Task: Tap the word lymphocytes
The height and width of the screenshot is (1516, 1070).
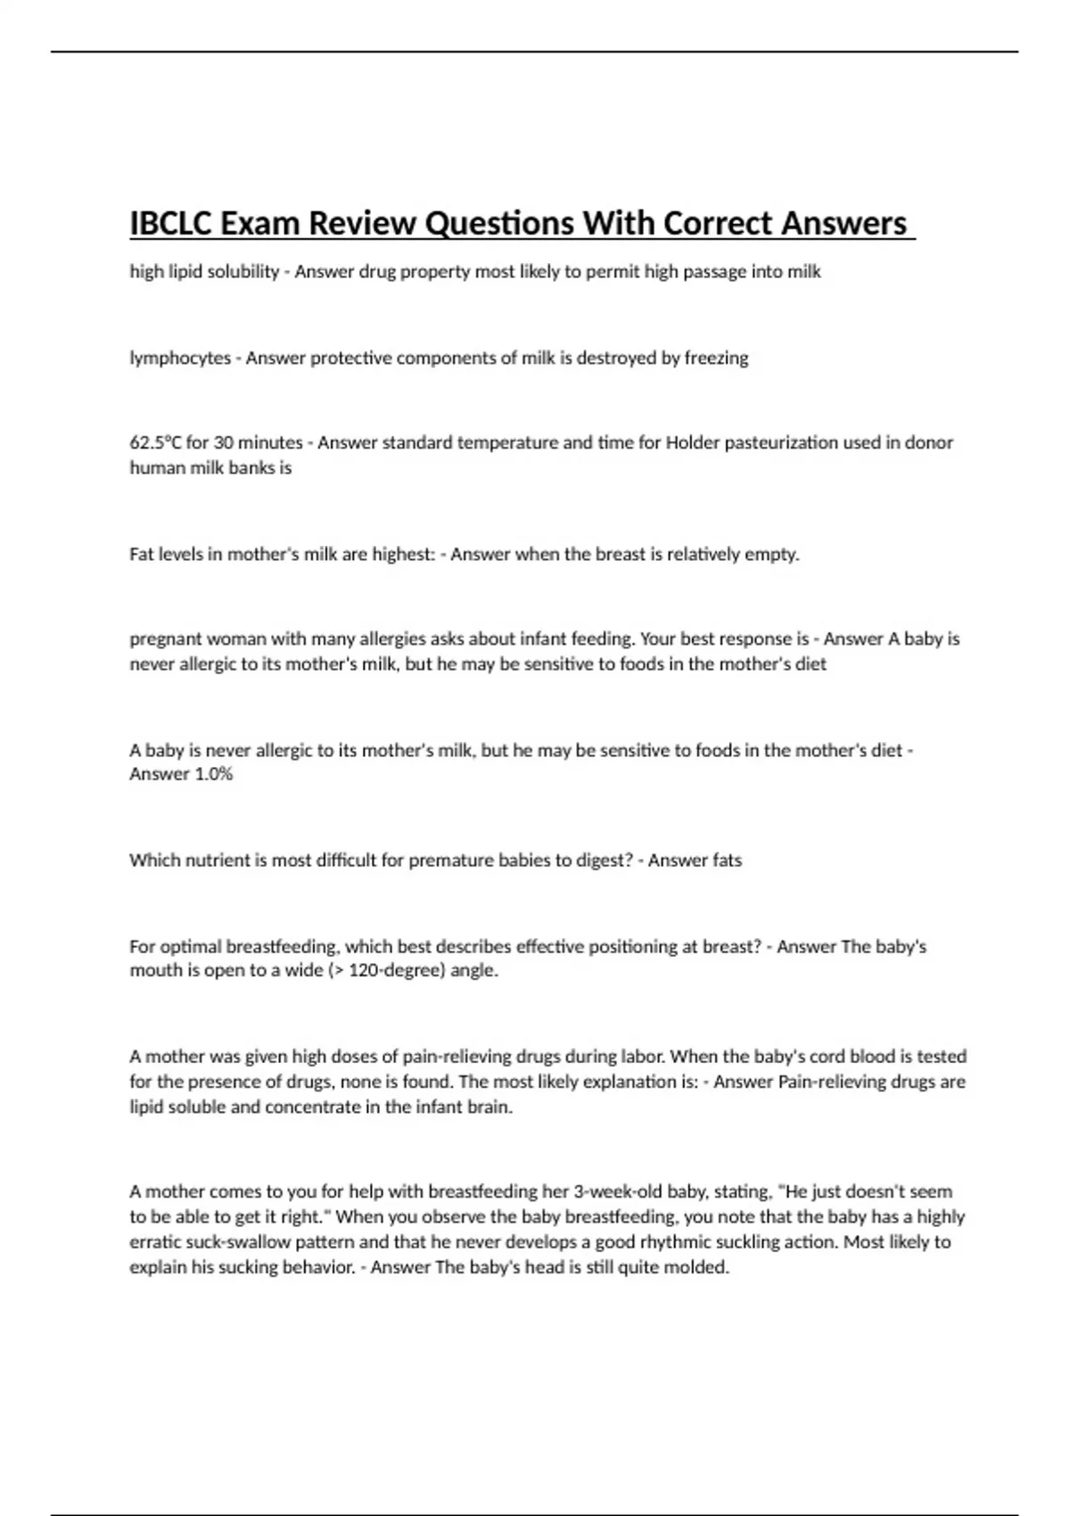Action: click(180, 358)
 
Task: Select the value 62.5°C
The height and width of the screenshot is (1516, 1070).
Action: click(155, 442)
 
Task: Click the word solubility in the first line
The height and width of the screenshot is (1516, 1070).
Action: click(243, 272)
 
